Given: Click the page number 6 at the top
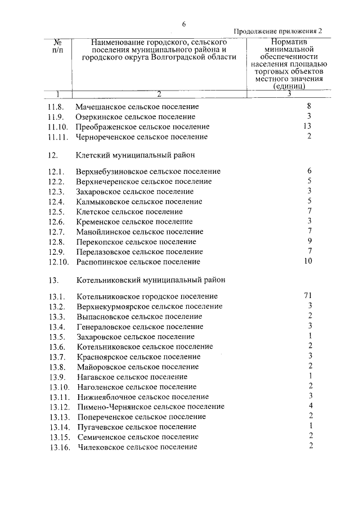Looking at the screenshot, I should (183, 23).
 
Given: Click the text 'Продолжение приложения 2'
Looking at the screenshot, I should (278, 31).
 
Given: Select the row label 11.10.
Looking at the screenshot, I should (58, 127).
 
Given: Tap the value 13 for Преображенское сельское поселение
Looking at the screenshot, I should (307, 127).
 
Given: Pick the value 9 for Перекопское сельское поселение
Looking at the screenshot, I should (309, 241).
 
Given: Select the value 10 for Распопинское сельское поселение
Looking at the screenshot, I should (307, 262).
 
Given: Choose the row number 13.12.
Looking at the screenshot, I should (58, 407).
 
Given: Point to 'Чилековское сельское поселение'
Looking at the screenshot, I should (137, 447).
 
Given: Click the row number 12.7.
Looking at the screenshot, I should (56, 232).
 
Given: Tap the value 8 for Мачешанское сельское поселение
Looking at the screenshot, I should (309, 106).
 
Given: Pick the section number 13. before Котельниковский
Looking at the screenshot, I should (54, 279).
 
